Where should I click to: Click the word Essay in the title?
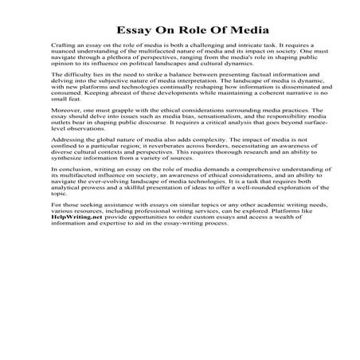(x=128, y=30)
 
